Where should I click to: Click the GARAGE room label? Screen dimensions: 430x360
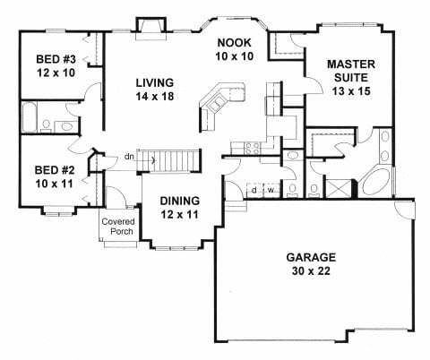click(311, 257)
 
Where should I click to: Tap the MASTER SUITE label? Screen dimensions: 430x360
click(351, 71)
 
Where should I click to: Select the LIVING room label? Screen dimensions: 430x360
click(155, 82)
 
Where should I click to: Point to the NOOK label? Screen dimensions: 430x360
click(234, 43)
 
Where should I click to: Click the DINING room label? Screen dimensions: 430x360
click(180, 201)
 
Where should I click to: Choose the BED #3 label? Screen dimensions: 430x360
click(56, 59)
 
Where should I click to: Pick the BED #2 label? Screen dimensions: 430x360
click(55, 170)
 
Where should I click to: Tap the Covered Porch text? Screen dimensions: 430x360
click(118, 227)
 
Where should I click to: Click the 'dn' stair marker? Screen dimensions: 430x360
click(129, 157)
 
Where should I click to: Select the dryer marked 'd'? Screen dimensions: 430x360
click(254, 190)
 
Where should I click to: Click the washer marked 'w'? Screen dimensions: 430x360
click(271, 190)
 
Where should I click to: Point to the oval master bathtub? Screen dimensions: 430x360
click(374, 183)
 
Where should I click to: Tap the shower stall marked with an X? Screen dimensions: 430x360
click(338, 188)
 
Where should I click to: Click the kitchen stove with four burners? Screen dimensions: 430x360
click(253, 149)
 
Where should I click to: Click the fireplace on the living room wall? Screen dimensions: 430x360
click(150, 29)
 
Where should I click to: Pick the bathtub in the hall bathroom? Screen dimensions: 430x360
click(30, 117)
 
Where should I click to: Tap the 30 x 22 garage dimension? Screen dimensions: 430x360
click(311, 271)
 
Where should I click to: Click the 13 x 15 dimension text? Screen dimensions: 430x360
click(351, 91)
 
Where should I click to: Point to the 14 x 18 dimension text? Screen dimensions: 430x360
click(155, 97)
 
